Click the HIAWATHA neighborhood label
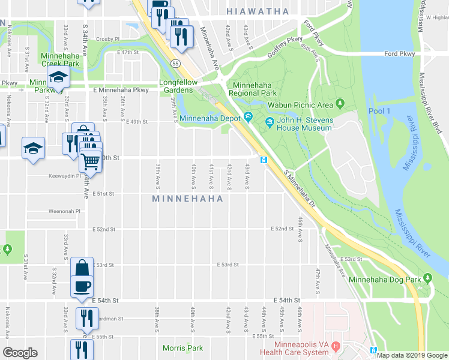258,11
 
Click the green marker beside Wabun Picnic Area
341,105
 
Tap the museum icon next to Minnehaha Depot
247,117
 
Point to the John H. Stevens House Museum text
304,124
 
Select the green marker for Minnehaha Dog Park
427,277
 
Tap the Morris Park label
182,348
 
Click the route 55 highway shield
175,62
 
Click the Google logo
20,353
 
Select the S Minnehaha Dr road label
298,182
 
